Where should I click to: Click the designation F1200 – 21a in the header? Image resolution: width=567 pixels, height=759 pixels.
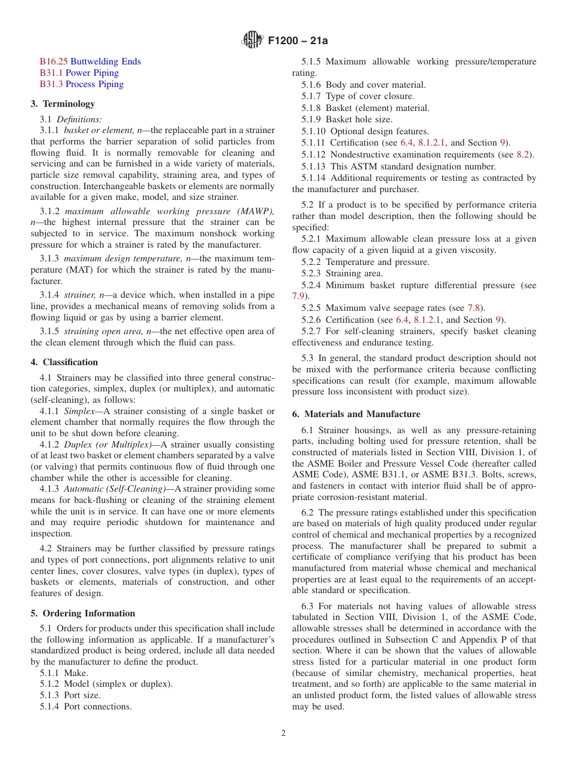pyautogui.click(x=298, y=41)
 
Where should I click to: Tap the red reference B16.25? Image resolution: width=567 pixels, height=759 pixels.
pyautogui.click(x=54, y=61)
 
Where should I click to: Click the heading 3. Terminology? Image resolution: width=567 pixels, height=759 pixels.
pyautogui.click(x=63, y=104)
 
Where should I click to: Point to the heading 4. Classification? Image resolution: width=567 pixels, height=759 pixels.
pyautogui.click(x=64, y=362)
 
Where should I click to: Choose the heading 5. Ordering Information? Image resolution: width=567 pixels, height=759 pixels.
pyautogui.click(x=83, y=613)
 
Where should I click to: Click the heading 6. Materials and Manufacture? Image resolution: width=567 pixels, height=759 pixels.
pyautogui.click(x=356, y=414)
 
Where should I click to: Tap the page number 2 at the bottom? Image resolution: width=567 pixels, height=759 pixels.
pyautogui.click(x=283, y=733)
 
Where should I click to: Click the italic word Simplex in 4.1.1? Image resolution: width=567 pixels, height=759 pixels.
pyautogui.click(x=79, y=411)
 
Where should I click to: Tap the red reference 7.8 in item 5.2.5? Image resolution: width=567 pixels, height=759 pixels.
pyautogui.click(x=474, y=308)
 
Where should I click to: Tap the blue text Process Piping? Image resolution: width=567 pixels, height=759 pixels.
pyautogui.click(x=94, y=84)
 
